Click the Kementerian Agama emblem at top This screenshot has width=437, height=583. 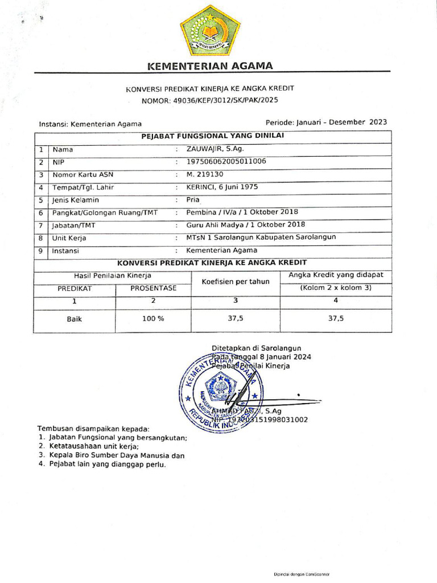pyautogui.click(x=210, y=30)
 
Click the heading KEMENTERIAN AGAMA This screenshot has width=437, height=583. pyautogui.click(x=210, y=66)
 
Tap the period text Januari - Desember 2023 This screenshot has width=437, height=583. pyautogui.click(x=341, y=122)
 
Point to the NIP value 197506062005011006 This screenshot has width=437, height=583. pyautogui.click(x=226, y=161)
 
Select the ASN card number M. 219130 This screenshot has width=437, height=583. pyautogui.click(x=205, y=174)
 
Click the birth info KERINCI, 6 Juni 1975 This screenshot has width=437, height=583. pyautogui.click(x=222, y=187)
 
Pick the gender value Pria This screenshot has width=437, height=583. pyautogui.click(x=193, y=200)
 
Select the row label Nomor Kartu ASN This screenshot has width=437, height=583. pyautogui.click(x=83, y=174)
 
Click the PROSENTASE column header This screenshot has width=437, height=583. pyautogui.click(x=153, y=288)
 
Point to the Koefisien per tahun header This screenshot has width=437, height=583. pyautogui.click(x=236, y=282)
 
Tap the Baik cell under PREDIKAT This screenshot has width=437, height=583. pyautogui.click(x=74, y=319)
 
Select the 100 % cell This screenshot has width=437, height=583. pyautogui.click(x=153, y=319)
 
